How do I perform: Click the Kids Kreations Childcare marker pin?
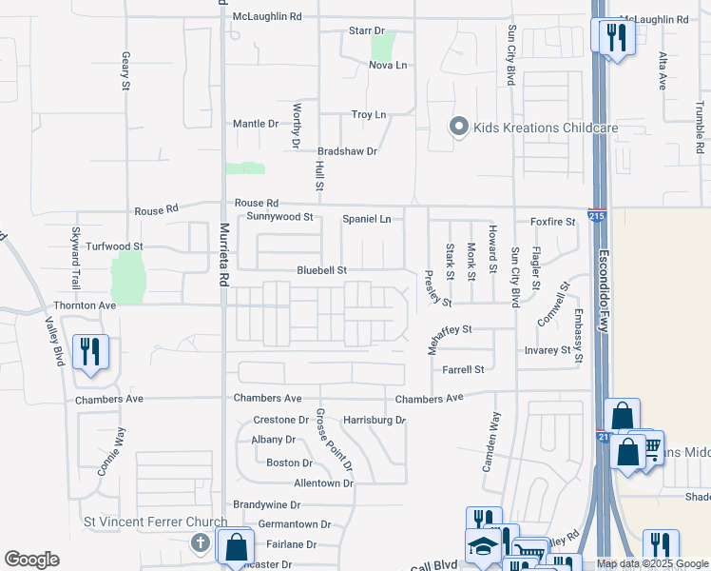pyautogui.click(x=459, y=128)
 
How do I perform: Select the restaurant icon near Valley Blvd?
pyautogui.click(x=90, y=351)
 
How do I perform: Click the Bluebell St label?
pyautogui.click(x=319, y=270)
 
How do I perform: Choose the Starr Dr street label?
pyautogui.click(x=365, y=31)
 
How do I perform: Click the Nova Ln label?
pyautogui.click(x=387, y=65)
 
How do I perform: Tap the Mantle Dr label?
pyautogui.click(x=256, y=124)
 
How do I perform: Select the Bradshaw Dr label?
pyautogui.click(x=347, y=151)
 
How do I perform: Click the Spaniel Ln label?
pyautogui.click(x=366, y=219)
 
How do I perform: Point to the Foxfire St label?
pyautogui.click(x=552, y=222)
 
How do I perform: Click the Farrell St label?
pyautogui.click(x=463, y=369)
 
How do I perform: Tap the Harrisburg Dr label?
pyautogui.click(x=375, y=420)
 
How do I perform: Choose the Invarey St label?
pyautogui.click(x=547, y=350)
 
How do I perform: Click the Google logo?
pyautogui.click(x=31, y=560)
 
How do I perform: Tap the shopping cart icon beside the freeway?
pyautogui.click(x=651, y=445)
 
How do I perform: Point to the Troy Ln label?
pyautogui.click(x=369, y=115)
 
